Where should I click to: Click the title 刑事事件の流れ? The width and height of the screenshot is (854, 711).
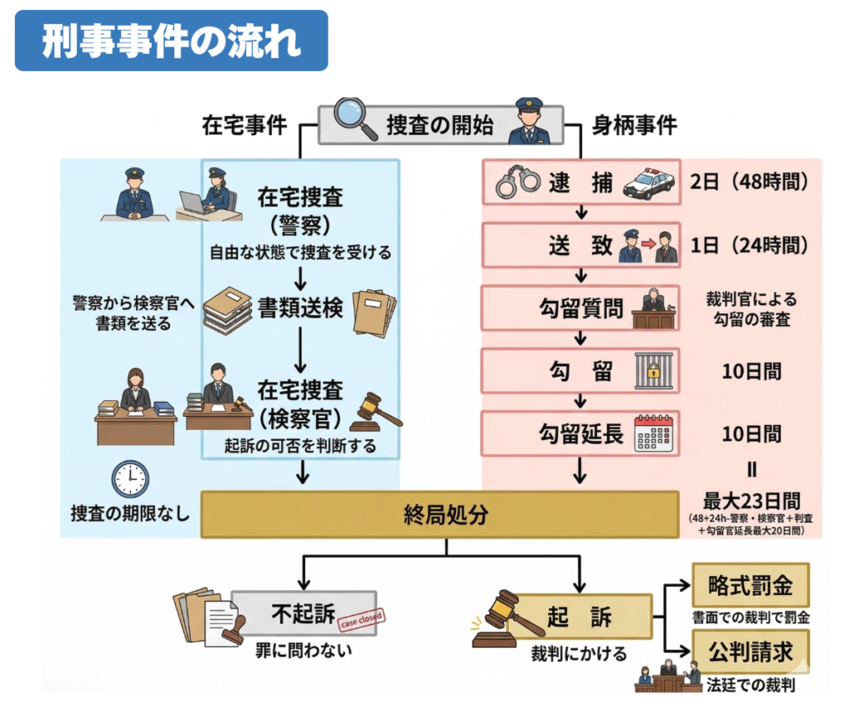(171, 40)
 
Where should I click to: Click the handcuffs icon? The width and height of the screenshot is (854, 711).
(517, 183)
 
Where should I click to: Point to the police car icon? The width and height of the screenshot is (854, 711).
(649, 183)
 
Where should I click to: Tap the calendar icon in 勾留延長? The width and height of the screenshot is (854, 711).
(652, 433)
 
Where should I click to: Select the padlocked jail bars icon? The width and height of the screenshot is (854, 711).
(652, 370)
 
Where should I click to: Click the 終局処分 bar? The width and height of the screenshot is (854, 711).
(440, 514)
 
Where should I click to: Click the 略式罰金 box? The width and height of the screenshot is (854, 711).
(751, 586)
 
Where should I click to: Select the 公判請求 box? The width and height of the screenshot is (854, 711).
(751, 649)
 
